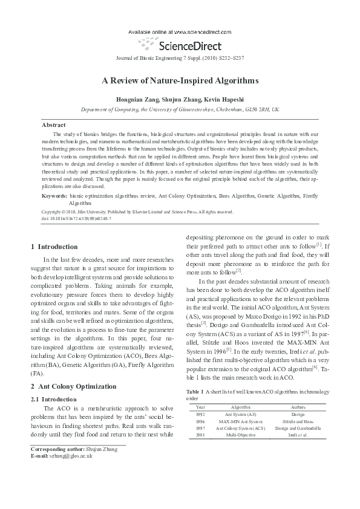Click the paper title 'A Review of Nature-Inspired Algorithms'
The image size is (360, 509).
[x=180, y=80]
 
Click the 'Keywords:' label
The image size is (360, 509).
[x=54, y=196]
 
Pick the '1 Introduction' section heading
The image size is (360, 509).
[x=54, y=247]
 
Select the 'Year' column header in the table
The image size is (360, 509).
[x=200, y=408]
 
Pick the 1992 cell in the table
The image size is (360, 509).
[x=200, y=415]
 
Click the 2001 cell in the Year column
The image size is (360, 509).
[x=200, y=434]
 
